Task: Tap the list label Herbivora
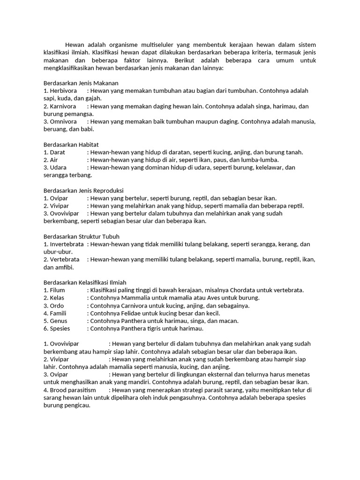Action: point(63,90)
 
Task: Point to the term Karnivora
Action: point(63,106)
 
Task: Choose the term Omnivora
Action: point(63,121)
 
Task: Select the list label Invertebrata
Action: point(67,244)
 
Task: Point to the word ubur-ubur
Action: point(58,252)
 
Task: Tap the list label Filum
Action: point(57,290)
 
